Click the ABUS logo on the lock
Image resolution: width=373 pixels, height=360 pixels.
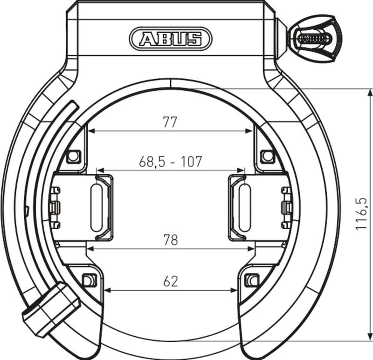pyautogui.click(x=170, y=38)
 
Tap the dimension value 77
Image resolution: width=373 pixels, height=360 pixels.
pyautogui.click(x=170, y=122)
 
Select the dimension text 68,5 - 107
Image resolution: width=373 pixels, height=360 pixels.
pyautogui.click(x=170, y=162)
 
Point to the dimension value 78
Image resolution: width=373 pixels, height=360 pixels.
pyautogui.click(x=170, y=239)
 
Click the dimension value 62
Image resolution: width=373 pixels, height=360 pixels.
pyautogui.click(x=170, y=280)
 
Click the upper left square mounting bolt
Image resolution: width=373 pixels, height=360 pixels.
pyautogui.click(x=73, y=156)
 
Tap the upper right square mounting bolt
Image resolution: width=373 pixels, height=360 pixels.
pyautogui.click(x=267, y=156)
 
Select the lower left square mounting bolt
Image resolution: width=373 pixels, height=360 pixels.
pyautogui.click(x=88, y=280)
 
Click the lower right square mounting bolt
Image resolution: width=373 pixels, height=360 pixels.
pyautogui.click(x=252, y=280)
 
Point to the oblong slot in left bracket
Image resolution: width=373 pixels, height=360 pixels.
pyautogui.click(x=97, y=207)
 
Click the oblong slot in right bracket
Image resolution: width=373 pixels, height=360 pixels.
pyautogui.click(x=244, y=207)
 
